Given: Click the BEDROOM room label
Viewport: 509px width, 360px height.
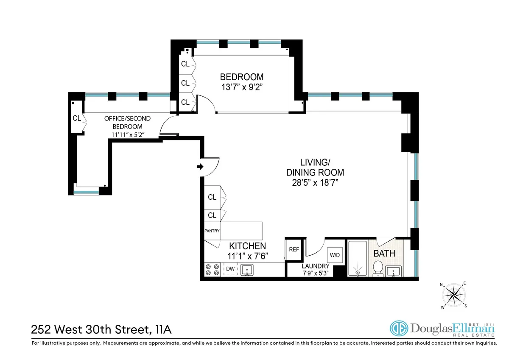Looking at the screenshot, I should tap(241, 77).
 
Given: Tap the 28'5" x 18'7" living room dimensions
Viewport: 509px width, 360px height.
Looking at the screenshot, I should tap(315, 183).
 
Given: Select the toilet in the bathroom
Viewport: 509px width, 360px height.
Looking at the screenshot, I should tap(378, 268).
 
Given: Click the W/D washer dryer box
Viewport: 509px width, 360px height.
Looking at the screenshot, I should tap(334, 255).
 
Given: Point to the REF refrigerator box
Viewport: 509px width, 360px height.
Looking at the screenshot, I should tap(294, 250).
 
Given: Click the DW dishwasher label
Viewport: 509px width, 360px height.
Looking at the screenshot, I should tap(230, 269).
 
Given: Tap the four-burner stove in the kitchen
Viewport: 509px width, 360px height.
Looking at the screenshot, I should tap(212, 270).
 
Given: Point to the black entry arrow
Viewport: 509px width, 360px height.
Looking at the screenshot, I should tap(200, 167).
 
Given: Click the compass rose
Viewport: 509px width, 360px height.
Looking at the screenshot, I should tap(454, 294).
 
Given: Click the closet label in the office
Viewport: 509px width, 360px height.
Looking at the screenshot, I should tap(77, 118).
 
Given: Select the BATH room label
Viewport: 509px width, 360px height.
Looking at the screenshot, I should tap(384, 254).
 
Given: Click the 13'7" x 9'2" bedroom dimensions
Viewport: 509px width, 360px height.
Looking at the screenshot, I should tap(241, 88).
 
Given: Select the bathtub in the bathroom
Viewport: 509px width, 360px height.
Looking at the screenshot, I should tap(358, 259).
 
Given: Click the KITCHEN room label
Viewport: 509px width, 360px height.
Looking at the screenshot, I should tap(248, 246).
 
